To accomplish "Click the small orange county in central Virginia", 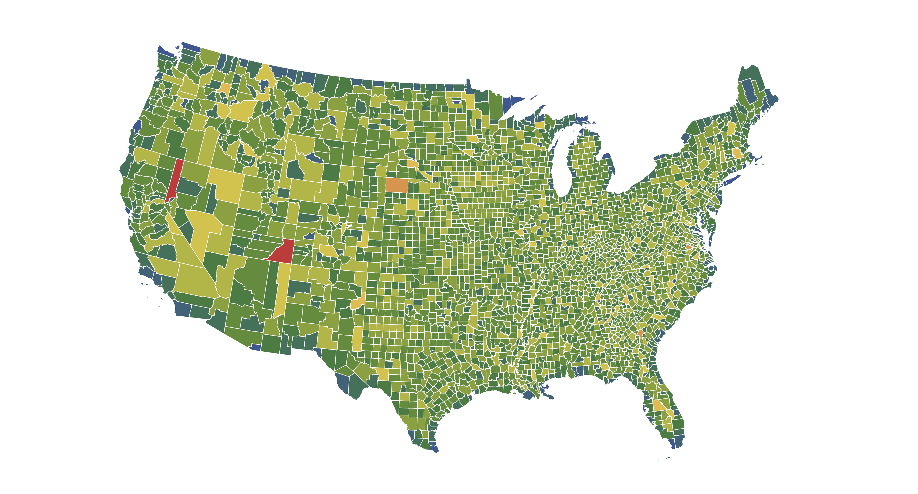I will point(688,247).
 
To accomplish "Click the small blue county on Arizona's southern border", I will point(255,347).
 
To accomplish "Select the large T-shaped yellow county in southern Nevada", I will point(201,232).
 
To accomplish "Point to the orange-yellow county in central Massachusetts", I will point(736,153).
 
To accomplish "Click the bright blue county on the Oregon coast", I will point(137,126).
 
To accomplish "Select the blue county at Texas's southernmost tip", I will point(434,449).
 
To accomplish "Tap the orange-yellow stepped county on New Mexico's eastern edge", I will point(358,302).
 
